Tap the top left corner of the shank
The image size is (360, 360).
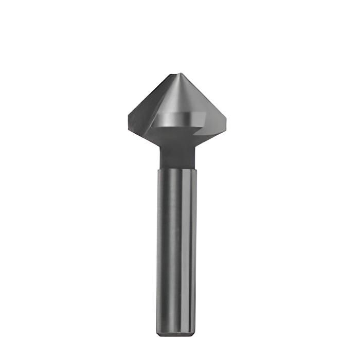[158, 169]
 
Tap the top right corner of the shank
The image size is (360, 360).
[196, 169]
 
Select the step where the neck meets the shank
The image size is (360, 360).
[177, 167]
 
